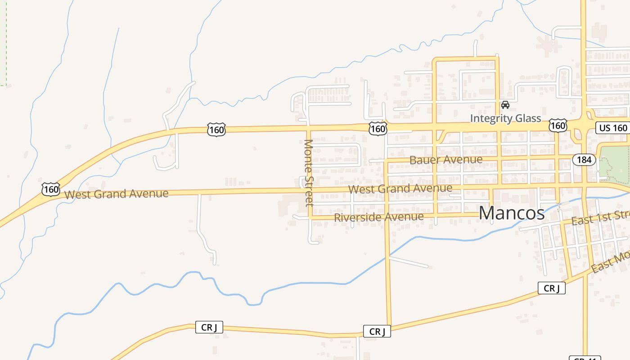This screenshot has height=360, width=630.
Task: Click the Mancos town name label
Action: (x=511, y=213)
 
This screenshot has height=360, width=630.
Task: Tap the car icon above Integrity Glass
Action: (x=505, y=105)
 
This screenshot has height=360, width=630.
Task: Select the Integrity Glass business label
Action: (x=505, y=118)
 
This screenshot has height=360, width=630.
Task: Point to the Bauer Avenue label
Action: (x=445, y=160)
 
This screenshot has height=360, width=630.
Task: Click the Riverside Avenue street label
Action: (x=378, y=217)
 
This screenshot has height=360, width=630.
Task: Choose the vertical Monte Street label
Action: (x=309, y=173)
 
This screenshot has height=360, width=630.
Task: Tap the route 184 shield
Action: (x=584, y=160)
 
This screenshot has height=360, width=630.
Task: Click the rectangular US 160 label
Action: (x=613, y=128)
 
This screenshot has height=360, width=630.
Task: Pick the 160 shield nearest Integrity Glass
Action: (x=558, y=126)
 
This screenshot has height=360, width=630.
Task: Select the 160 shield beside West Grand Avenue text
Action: (x=51, y=189)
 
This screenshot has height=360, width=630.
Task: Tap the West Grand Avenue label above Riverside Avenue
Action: (x=400, y=189)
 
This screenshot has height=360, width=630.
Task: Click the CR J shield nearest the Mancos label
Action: (x=551, y=288)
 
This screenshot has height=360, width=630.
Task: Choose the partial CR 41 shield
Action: (x=585, y=358)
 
